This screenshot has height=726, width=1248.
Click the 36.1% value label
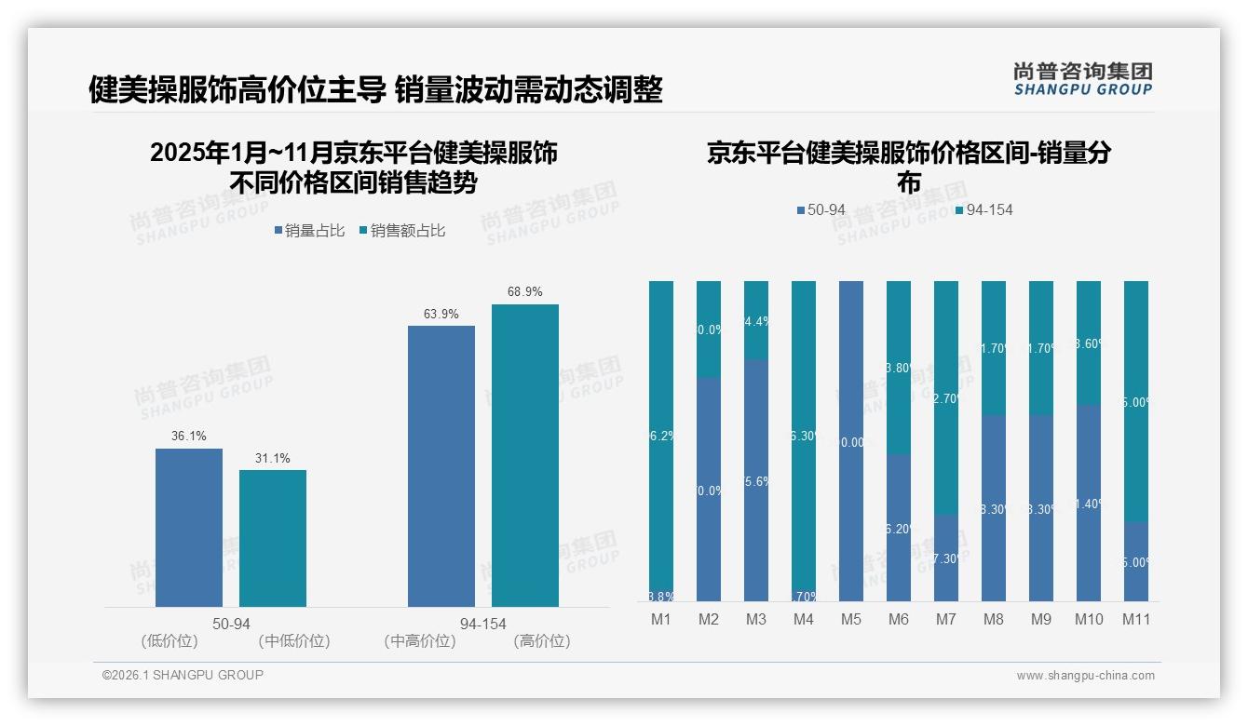(x=189, y=437)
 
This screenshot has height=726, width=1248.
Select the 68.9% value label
(x=525, y=292)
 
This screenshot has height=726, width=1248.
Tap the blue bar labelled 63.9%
(x=441, y=465)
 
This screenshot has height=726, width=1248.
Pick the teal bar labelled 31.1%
(x=273, y=538)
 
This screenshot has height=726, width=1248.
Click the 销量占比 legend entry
(x=309, y=231)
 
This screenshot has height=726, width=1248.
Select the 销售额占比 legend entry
(x=401, y=231)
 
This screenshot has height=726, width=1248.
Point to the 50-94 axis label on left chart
(x=231, y=624)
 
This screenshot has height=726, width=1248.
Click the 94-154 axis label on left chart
(x=483, y=624)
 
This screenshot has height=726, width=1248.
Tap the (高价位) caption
(x=541, y=641)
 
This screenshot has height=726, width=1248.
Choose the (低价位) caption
(x=169, y=641)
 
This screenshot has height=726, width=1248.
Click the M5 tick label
(x=850, y=619)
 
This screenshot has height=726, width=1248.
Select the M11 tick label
(x=1136, y=619)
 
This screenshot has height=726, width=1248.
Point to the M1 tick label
(x=660, y=619)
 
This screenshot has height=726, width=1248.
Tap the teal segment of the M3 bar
(x=756, y=319)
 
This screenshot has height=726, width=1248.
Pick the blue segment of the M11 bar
(x=1136, y=561)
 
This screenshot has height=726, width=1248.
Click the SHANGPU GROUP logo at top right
(x=1083, y=79)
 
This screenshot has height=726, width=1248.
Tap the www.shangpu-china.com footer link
(x=1085, y=676)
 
